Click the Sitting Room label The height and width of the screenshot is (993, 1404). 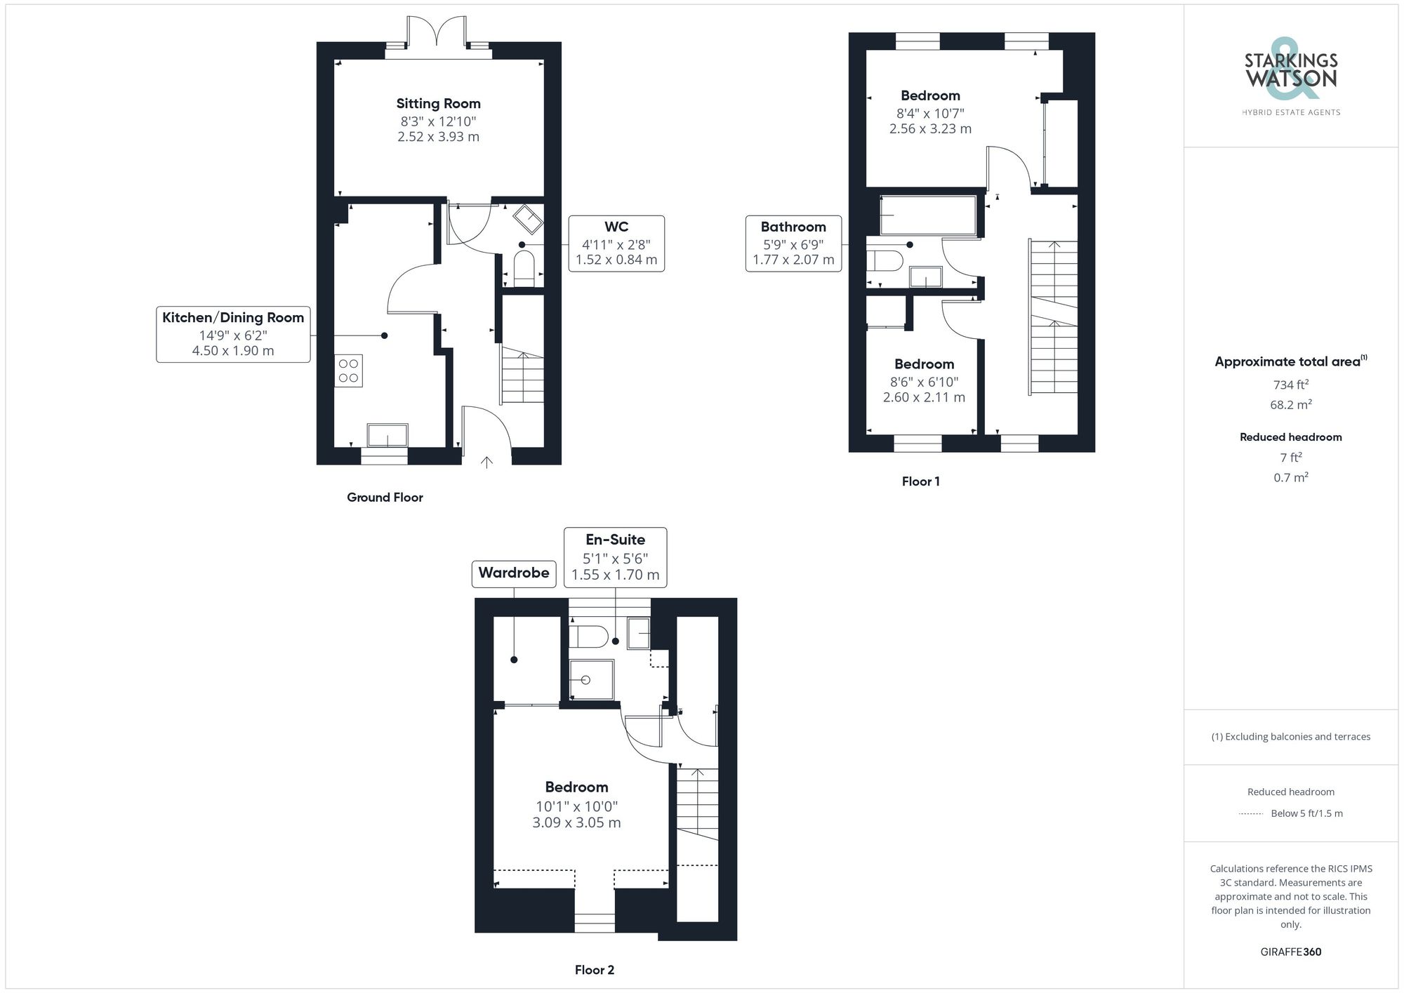(438, 104)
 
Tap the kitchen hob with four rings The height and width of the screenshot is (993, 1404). (348, 371)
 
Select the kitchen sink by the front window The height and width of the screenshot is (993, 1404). (388, 435)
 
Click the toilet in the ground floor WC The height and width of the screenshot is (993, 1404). (524, 269)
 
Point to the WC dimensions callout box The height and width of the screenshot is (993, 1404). (616, 244)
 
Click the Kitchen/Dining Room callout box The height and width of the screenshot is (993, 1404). (233, 334)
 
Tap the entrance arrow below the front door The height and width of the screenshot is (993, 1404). (486, 462)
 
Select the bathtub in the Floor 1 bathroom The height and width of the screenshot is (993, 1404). (927, 215)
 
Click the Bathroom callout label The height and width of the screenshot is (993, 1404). (793, 227)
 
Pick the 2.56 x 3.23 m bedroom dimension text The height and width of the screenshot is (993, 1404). (930, 129)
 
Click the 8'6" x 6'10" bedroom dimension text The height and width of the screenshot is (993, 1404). (924, 382)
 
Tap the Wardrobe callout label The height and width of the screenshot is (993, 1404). (514, 573)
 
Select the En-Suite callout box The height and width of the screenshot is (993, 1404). (615, 557)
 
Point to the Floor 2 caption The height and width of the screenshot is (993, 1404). (594, 970)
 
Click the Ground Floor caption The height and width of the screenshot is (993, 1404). (385, 498)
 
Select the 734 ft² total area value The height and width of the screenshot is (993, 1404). (1290, 385)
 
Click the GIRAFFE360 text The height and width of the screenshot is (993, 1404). (1290, 952)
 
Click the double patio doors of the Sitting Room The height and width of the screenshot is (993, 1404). (438, 32)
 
